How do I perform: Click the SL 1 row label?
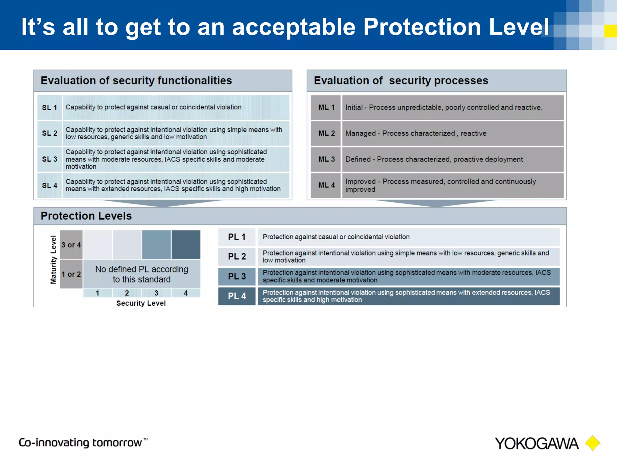coord(49,108)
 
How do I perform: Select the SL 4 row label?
coord(49,185)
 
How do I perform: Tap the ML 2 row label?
coord(326,133)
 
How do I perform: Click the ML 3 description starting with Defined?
coord(434,159)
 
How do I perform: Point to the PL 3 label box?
coord(237,276)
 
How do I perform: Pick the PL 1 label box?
coord(237,237)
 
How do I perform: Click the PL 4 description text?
coord(406,296)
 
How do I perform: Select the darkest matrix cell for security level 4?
coord(186,244)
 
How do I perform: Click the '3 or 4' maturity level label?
coord(71,245)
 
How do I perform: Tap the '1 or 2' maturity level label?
coord(71,274)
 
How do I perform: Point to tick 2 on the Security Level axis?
coord(127,293)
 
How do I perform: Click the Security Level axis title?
coord(141,303)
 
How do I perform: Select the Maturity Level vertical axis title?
coord(53,260)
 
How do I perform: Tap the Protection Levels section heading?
coord(86,216)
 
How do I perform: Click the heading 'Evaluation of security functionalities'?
coord(136,80)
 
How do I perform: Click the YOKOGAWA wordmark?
coord(536,444)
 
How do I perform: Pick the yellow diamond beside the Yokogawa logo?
coord(592,443)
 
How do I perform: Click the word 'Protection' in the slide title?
coord(422,27)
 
